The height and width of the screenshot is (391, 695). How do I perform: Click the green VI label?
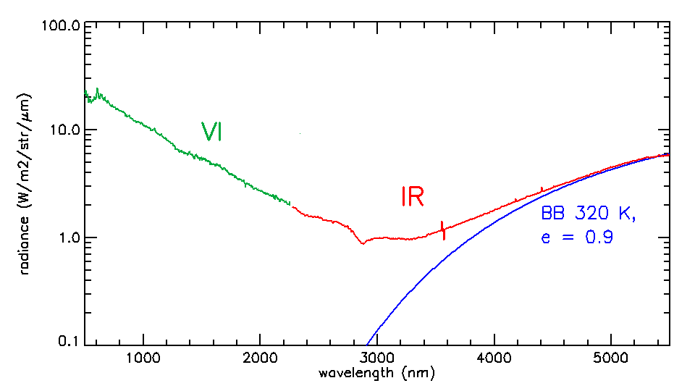click(211, 131)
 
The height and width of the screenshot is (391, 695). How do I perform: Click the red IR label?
click(412, 197)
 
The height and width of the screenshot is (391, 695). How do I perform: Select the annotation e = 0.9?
click(577, 237)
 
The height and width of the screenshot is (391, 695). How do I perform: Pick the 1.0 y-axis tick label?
click(68, 238)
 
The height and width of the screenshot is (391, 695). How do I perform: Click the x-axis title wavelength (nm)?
click(376, 374)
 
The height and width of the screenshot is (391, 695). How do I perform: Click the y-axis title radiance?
click(25, 184)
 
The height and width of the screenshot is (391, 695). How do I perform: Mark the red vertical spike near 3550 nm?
click(443, 230)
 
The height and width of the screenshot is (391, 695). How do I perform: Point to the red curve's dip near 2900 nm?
click(363, 243)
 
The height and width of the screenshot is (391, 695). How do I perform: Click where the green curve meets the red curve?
click(291, 205)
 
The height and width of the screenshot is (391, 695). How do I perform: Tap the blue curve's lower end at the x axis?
click(368, 345)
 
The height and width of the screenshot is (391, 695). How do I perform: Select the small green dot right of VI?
click(300, 134)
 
